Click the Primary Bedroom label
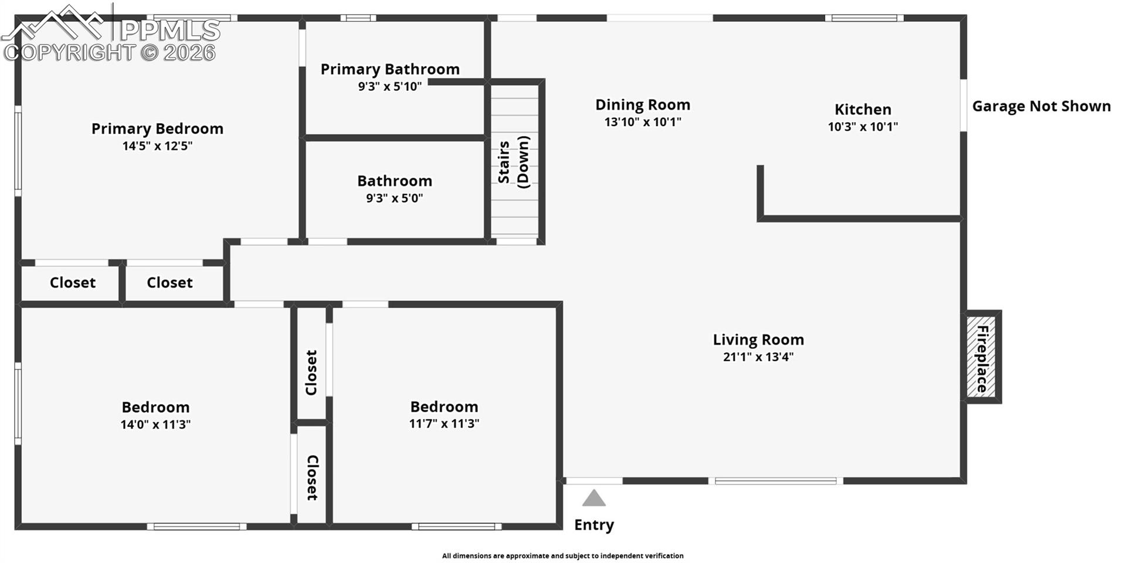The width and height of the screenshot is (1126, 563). [157, 129]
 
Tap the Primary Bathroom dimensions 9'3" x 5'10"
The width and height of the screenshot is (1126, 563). [390, 87]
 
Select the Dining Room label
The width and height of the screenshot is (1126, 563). [643, 105]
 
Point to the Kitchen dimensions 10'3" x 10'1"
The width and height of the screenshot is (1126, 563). [863, 127]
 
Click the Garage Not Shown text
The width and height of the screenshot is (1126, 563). [1042, 106]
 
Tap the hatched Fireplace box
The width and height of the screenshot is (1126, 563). [982, 357]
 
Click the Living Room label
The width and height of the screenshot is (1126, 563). [758, 340]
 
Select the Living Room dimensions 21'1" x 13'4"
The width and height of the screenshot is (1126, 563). [758, 357]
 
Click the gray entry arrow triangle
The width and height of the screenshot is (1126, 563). [593, 498]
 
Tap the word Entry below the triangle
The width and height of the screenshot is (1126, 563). [593, 525]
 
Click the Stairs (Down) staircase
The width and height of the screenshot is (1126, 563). [514, 161]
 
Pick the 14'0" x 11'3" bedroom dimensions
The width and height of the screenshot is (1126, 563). [155, 425]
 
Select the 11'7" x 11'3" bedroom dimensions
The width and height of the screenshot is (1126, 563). [444, 423]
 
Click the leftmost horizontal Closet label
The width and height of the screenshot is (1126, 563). [72, 283]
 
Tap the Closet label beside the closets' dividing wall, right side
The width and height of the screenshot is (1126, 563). [169, 283]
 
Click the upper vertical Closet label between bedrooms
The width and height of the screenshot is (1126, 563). [311, 372]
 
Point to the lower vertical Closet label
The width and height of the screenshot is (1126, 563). [313, 477]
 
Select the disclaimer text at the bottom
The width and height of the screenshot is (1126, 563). [562, 556]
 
